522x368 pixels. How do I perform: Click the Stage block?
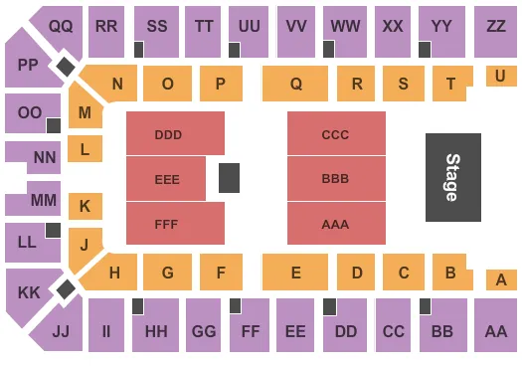click(x=453, y=177)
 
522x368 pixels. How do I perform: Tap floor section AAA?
click(x=336, y=224)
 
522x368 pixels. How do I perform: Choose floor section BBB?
click(x=336, y=178)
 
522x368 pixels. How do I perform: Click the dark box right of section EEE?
click(x=229, y=178)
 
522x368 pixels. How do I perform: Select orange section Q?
click(x=295, y=85)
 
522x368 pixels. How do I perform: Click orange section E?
click(x=295, y=272)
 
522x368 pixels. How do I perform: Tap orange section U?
click(x=500, y=76)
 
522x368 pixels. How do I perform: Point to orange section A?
click(x=500, y=279)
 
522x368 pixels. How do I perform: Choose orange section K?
click(x=86, y=207)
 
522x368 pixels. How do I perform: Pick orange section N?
click(x=117, y=85)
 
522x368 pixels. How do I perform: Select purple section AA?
click(x=495, y=330)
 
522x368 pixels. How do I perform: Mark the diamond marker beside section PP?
click(x=65, y=67)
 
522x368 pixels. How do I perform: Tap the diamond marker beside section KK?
click(x=65, y=289)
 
